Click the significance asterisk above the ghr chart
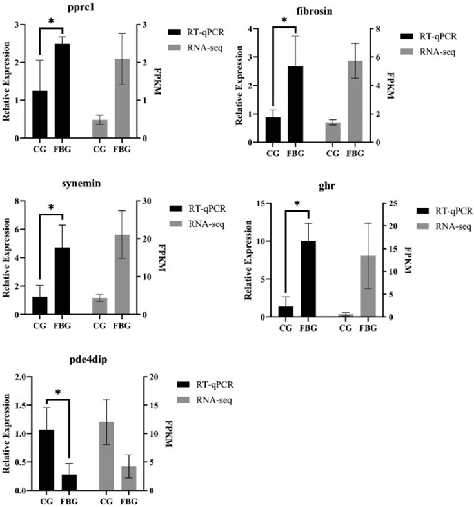[297, 204]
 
